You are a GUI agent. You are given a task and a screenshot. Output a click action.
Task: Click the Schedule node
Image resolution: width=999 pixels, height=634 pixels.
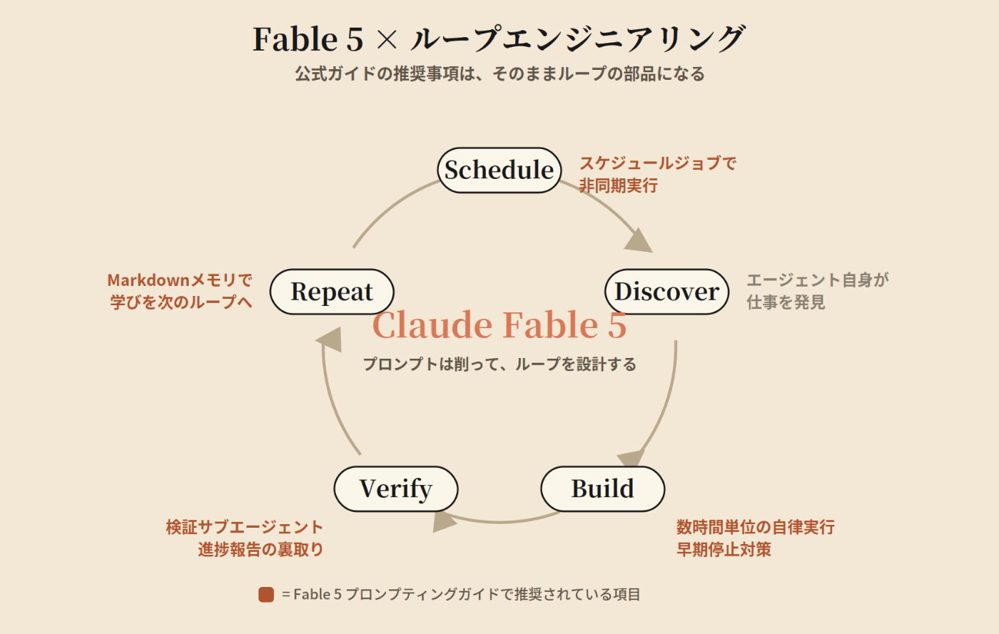click(x=499, y=170)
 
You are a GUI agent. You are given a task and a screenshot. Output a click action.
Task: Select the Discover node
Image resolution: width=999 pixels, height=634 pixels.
click(x=666, y=292)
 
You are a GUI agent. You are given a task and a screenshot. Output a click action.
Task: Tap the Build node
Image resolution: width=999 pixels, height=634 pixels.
click(x=602, y=489)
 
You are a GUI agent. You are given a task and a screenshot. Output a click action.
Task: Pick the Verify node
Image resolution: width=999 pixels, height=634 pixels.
click(x=396, y=489)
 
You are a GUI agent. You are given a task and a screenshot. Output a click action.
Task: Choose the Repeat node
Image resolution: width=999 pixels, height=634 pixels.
click(x=332, y=292)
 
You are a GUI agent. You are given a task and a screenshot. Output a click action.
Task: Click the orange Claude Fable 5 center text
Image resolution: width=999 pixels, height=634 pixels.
click(x=499, y=324)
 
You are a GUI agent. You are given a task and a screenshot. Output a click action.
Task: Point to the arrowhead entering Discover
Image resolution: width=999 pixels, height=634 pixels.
click(x=639, y=242)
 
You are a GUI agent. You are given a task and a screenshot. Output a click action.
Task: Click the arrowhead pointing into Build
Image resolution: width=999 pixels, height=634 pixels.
click(x=631, y=459)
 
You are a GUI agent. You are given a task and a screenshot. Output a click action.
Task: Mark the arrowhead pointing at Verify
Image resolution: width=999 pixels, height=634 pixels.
click(x=444, y=521)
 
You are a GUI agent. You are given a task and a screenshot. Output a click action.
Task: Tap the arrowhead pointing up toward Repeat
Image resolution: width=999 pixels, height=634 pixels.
click(x=330, y=339)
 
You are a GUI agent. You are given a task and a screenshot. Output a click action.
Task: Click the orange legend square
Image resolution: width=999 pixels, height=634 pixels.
click(x=266, y=594)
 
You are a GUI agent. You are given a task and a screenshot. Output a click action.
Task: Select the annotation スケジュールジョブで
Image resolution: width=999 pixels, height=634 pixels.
click(x=658, y=163)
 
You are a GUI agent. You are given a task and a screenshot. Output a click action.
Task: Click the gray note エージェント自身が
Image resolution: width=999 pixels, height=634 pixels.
click(x=818, y=280)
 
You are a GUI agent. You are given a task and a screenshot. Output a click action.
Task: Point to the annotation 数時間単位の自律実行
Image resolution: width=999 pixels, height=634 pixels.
click(x=756, y=527)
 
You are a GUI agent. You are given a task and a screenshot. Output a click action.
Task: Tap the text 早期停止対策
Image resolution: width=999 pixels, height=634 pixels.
click(x=724, y=549)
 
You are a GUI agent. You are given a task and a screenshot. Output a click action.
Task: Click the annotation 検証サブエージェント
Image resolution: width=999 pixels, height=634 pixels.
click(x=244, y=527)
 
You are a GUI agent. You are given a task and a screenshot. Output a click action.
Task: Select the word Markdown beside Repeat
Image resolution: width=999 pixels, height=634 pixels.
click(x=148, y=280)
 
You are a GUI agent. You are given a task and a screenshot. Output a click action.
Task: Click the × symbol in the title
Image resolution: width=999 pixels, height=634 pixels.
click(x=387, y=40)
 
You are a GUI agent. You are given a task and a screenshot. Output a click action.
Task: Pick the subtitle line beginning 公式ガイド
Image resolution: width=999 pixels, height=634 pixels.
click(x=499, y=74)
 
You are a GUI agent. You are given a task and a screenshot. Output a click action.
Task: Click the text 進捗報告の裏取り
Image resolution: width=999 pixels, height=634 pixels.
click(x=260, y=549)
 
